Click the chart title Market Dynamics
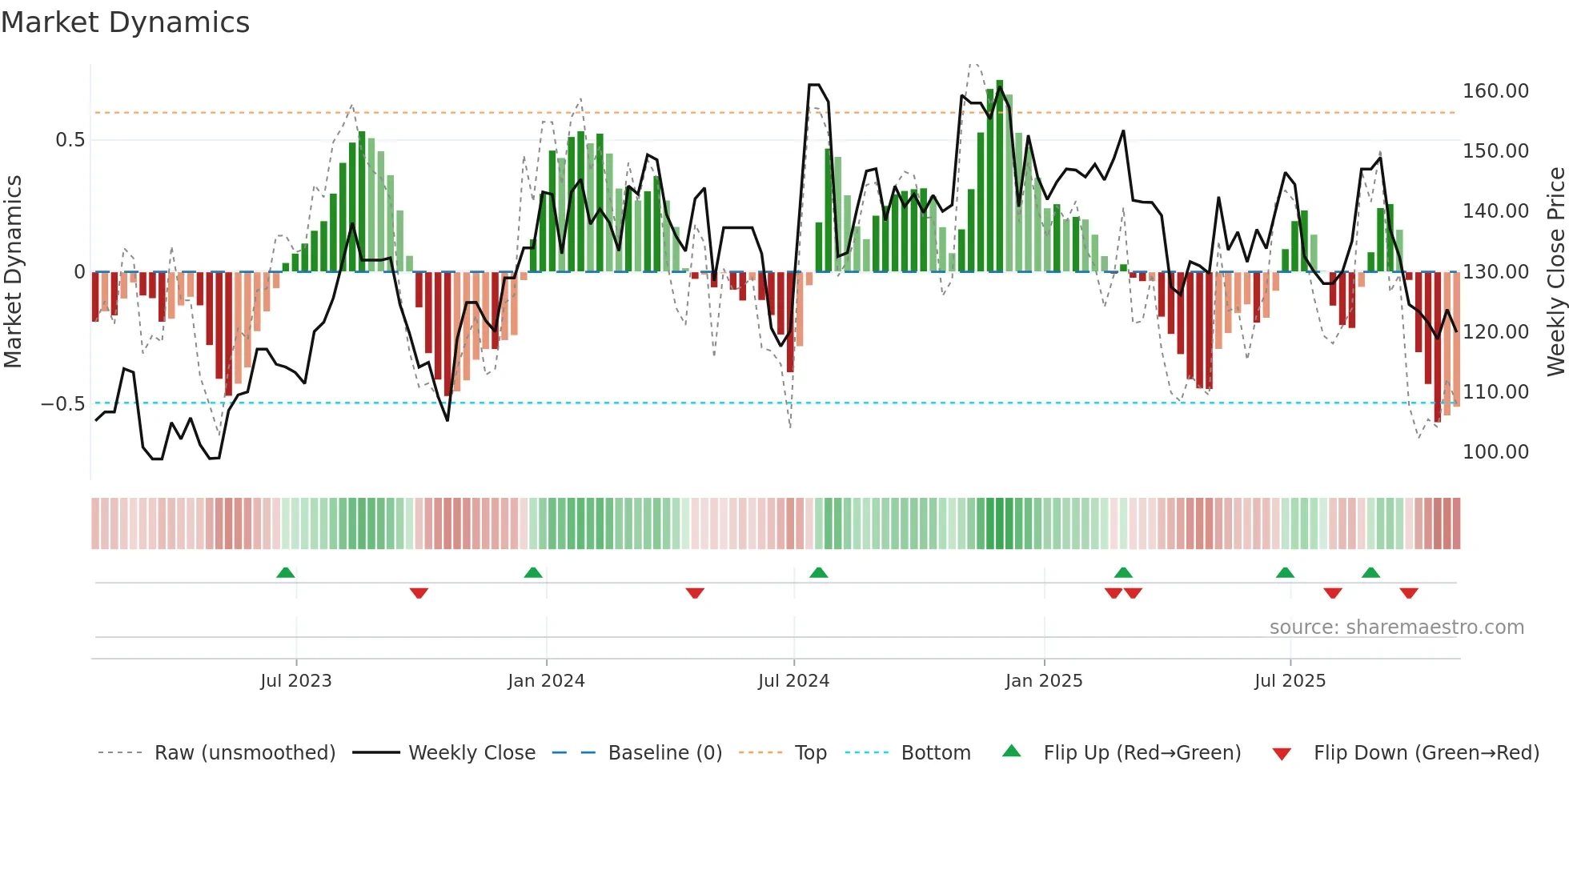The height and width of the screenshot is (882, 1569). click(125, 22)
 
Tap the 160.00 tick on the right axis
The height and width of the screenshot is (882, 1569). click(1495, 91)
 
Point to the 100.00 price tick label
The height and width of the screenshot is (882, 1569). click(1495, 452)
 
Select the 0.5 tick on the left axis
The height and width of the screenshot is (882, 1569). click(70, 140)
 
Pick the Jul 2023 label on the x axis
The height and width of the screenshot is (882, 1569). click(295, 681)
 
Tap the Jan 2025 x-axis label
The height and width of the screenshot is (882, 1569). click(1044, 681)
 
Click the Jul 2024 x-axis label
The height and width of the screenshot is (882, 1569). click(793, 681)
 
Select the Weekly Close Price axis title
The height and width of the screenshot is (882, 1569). click(1555, 272)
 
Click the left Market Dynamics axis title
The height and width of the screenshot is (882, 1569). click(13, 272)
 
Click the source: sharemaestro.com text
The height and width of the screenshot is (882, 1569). click(1396, 627)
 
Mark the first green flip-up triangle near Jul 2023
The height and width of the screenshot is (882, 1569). click(286, 572)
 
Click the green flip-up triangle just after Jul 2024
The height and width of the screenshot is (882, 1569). click(818, 572)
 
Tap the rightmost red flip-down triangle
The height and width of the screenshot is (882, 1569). click(1409, 593)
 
